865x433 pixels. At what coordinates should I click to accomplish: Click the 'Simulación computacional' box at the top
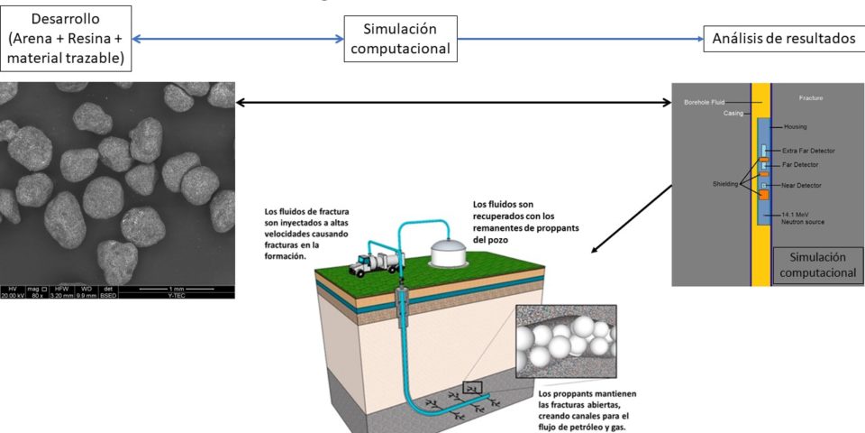pyautogui.click(x=400, y=39)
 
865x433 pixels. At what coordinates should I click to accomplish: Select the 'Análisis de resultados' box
pyautogui.click(x=782, y=39)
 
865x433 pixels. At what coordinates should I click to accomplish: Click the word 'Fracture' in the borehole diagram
pyautogui.click(x=811, y=97)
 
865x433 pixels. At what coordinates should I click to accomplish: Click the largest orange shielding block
pyautogui.click(x=763, y=195)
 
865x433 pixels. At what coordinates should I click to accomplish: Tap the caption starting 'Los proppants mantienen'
pyautogui.click(x=586, y=410)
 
